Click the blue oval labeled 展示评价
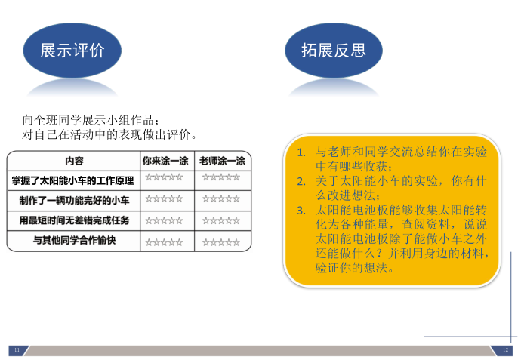72,50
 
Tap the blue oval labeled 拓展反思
334,50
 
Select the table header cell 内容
74,161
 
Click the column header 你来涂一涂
165,161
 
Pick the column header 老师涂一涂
222,161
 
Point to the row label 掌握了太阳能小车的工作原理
72,180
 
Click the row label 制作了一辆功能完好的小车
74,201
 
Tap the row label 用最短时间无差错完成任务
74,220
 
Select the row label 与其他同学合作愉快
74,240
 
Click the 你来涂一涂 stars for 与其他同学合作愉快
164,242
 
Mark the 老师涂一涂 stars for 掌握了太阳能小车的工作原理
221,177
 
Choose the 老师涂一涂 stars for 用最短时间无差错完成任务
221,220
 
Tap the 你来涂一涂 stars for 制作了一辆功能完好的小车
164,199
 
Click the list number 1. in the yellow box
301,152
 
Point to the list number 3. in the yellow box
301,211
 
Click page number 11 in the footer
17,350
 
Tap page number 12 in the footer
505,350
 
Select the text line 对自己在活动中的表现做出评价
109,134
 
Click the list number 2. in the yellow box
301,182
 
